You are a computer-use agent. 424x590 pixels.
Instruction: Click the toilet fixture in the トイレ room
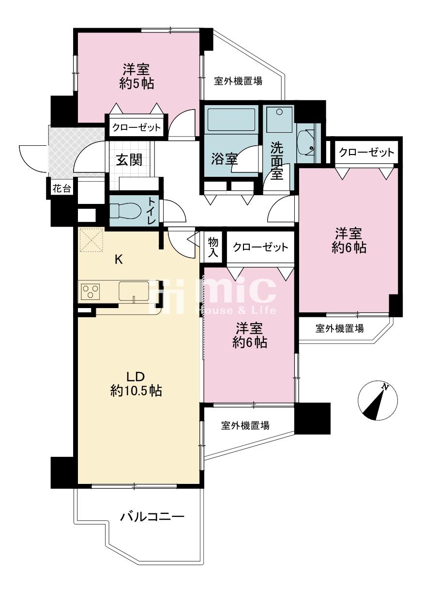(126, 210)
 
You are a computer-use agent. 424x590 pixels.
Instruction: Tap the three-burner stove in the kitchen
(91, 291)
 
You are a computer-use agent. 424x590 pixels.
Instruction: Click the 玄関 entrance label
(129, 160)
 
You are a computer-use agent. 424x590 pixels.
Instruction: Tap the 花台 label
(61, 188)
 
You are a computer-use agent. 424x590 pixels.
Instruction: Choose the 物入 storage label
(213, 247)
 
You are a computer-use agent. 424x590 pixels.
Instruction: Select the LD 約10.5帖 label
(136, 384)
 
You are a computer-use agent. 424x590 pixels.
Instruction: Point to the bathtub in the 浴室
(231, 120)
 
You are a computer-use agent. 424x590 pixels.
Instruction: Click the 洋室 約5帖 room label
(136, 77)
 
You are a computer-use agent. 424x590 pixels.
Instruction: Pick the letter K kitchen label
(119, 260)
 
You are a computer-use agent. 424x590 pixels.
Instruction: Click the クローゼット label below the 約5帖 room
(136, 127)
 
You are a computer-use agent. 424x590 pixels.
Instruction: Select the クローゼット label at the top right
(366, 152)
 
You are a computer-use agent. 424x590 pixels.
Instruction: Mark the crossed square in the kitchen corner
(91, 239)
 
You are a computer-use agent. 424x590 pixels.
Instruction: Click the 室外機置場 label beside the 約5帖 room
(238, 81)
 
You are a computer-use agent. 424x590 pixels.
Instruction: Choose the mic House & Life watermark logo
(212, 296)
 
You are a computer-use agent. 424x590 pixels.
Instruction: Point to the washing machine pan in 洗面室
(280, 120)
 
